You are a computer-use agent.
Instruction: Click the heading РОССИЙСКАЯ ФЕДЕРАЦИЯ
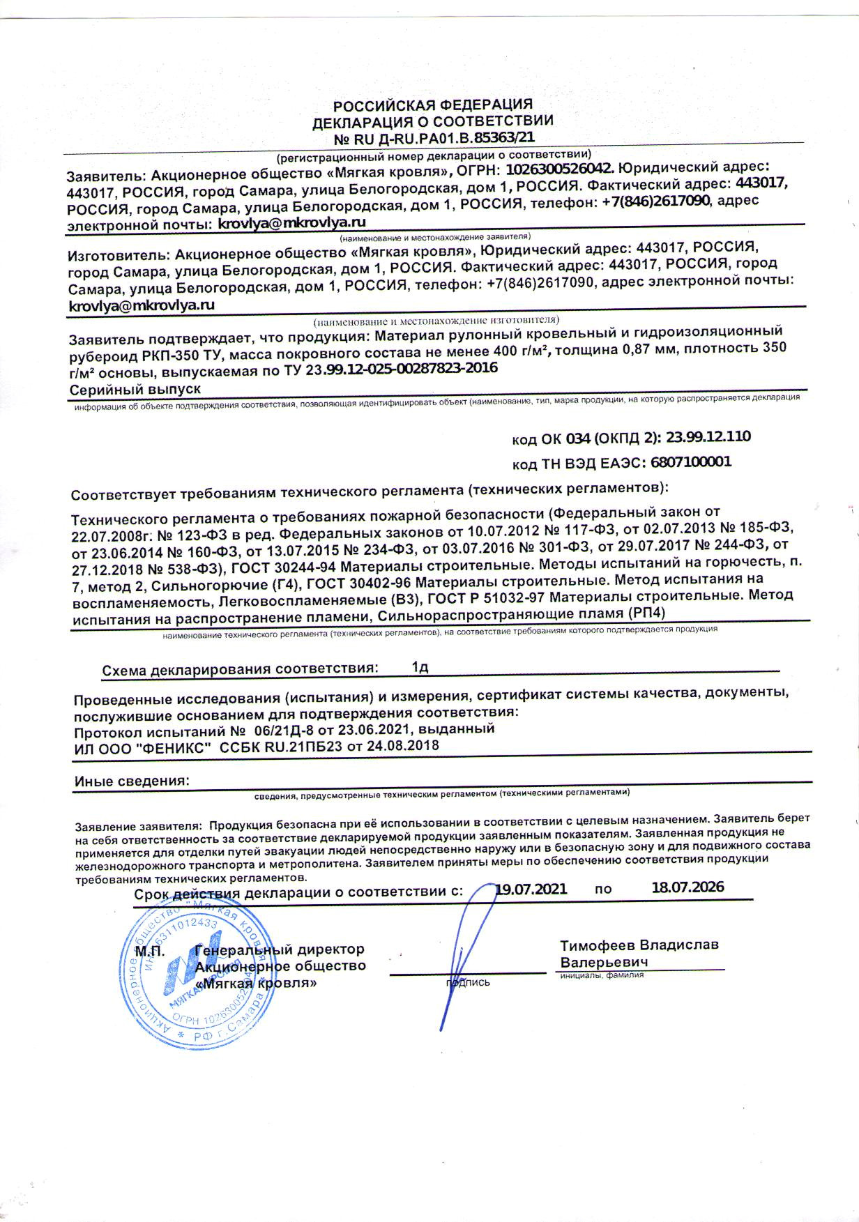click(x=432, y=106)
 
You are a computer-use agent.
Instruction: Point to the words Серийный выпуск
click(x=135, y=388)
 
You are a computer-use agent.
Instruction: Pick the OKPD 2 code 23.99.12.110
click(x=708, y=437)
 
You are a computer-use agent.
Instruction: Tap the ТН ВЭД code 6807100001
click(x=690, y=462)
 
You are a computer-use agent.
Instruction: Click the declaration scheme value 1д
click(x=420, y=667)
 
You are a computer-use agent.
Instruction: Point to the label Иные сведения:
click(x=132, y=781)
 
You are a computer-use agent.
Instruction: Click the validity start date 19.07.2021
click(x=531, y=889)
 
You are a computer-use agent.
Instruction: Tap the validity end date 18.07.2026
click(x=687, y=887)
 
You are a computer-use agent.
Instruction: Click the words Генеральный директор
click(x=280, y=949)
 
